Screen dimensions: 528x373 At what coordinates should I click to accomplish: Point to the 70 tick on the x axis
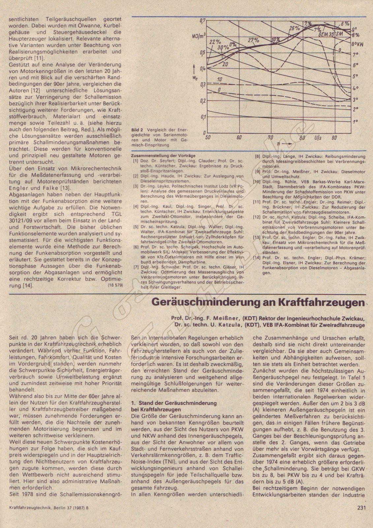(271, 138)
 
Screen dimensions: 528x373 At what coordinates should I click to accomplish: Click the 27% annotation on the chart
(253, 40)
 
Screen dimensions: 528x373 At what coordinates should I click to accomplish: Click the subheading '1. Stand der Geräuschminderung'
(174, 403)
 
